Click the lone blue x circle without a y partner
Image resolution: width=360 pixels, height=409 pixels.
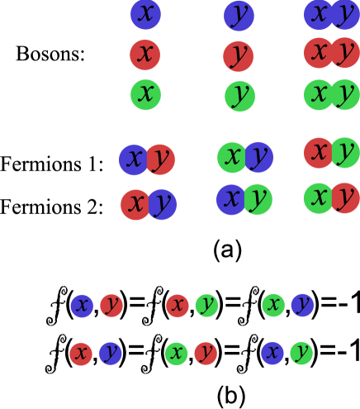coord(145,15)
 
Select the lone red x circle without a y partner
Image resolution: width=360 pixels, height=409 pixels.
coord(144,55)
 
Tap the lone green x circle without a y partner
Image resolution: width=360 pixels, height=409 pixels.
coord(145,94)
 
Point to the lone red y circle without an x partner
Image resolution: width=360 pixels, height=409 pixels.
coord(238,55)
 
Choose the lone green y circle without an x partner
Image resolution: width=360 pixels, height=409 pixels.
coord(239,96)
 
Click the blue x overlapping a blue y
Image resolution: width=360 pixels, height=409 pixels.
coord(317,14)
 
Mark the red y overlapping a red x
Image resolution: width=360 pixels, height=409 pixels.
coord(346,53)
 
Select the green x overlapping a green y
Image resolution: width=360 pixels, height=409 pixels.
coord(318,94)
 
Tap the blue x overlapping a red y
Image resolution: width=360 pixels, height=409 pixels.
coord(133,159)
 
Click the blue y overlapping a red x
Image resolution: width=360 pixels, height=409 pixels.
coord(163,204)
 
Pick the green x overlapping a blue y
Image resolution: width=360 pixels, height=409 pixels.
coord(231,156)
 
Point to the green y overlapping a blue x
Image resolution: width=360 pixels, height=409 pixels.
coord(259,199)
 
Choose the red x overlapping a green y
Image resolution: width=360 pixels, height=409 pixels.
coord(317,152)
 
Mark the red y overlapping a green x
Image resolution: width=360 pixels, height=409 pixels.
coord(346,197)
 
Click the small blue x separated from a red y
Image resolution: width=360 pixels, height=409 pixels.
coord(82,306)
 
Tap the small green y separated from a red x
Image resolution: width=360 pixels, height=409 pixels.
coord(206,306)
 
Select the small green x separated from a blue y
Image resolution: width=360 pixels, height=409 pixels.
coord(273,306)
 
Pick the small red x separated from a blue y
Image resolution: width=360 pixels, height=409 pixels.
coord(81,354)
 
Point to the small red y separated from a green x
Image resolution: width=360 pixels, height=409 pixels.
coord(206,354)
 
